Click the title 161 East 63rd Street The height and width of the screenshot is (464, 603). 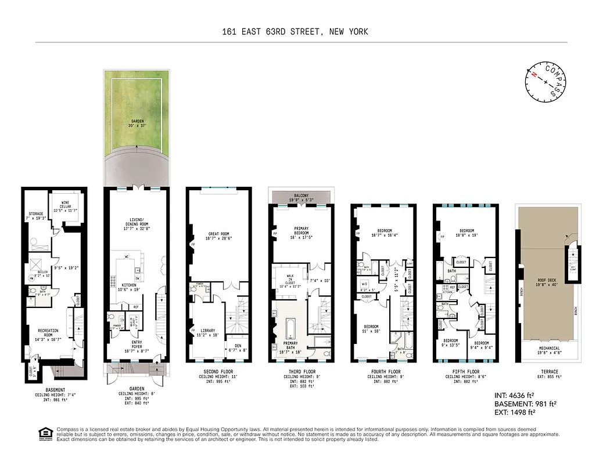[295, 32]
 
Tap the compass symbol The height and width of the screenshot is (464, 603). [545, 82]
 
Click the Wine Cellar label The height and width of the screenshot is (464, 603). [69, 205]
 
